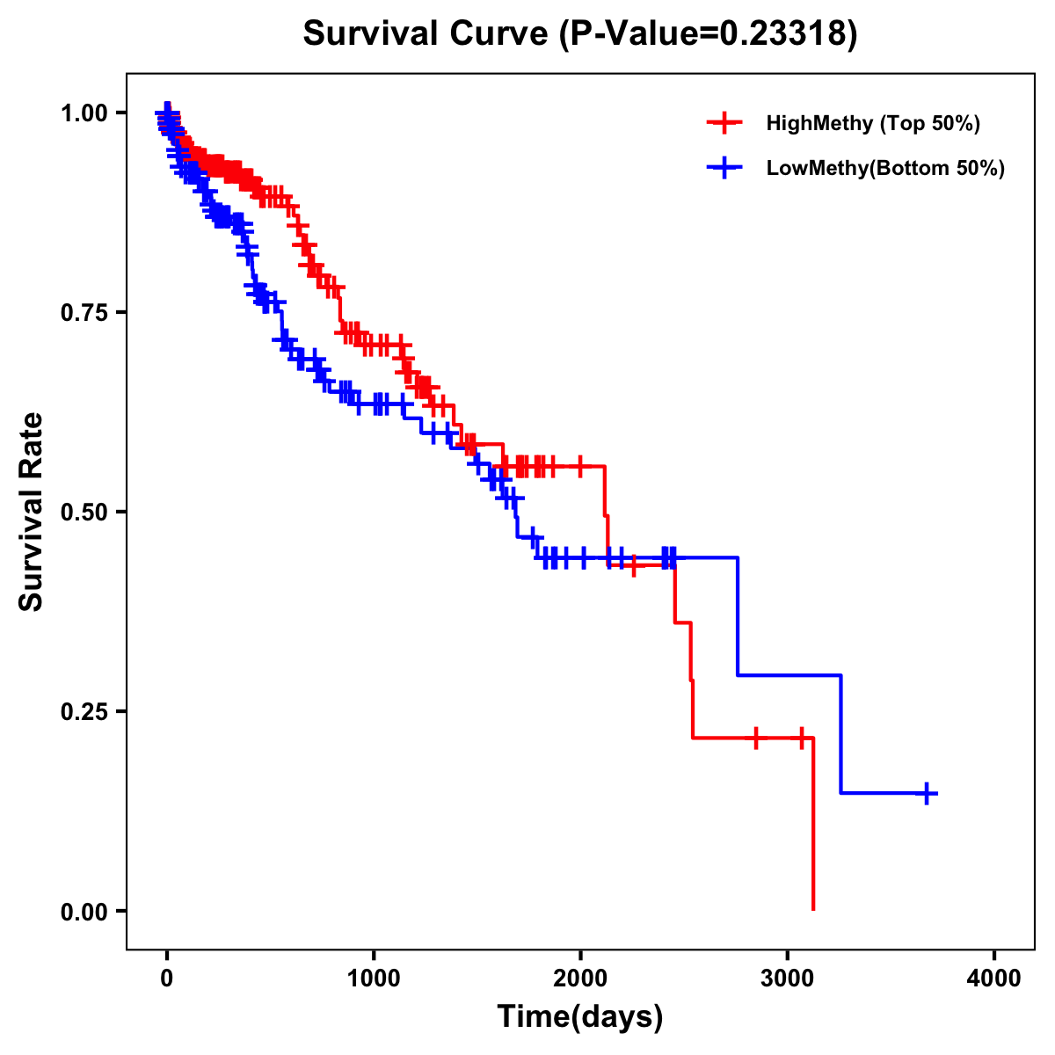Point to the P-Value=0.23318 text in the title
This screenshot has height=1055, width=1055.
click(708, 34)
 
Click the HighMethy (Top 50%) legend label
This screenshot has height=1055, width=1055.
click(872, 123)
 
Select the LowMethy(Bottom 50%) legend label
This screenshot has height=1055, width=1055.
click(884, 168)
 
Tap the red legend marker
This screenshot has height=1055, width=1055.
click(724, 123)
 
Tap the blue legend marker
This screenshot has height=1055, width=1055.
click(724, 168)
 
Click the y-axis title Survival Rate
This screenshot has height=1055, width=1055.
click(32, 511)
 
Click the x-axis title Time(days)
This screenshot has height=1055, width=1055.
click(579, 1016)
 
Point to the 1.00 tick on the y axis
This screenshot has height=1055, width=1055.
click(84, 113)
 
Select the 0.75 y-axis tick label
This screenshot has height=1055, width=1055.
click(84, 312)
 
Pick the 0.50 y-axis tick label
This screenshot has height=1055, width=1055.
click(84, 512)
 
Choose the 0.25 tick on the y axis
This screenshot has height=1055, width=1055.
click(84, 711)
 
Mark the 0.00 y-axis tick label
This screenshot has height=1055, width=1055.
click(84, 911)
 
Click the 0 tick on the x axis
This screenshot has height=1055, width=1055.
click(167, 978)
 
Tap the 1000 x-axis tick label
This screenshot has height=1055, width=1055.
click(374, 978)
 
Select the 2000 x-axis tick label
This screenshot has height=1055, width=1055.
click(580, 978)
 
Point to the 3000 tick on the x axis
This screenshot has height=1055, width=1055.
click(788, 978)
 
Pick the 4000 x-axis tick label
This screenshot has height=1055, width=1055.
click(994, 978)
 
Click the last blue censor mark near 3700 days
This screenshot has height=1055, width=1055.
click(926, 793)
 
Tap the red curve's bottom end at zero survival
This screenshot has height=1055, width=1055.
click(813, 908)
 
